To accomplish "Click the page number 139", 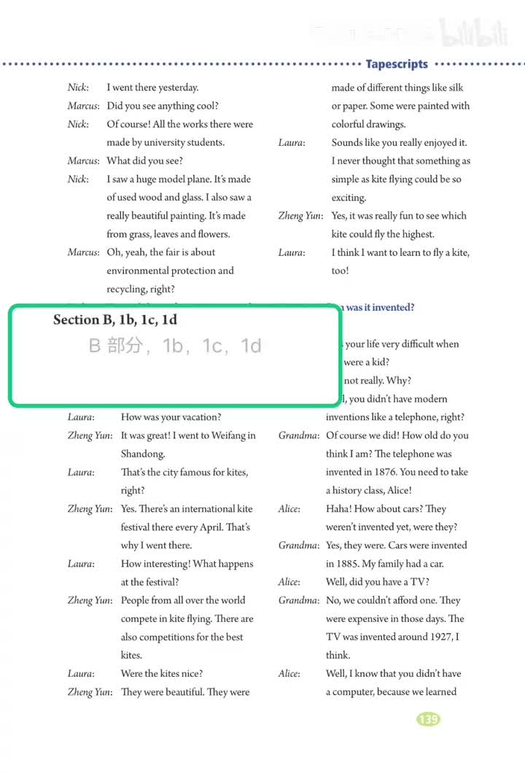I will pos(428,719).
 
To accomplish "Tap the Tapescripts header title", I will pos(397,64).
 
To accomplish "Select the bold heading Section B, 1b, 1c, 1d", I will pos(115,320).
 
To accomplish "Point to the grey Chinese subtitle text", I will pos(175,346).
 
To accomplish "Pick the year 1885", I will pos(341,564).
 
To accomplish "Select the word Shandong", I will pos(142,454).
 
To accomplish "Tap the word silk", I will pos(456,88).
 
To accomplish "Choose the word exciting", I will pos(349,198).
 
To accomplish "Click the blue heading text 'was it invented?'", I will pos(380,308).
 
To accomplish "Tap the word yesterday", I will pos(175,88).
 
